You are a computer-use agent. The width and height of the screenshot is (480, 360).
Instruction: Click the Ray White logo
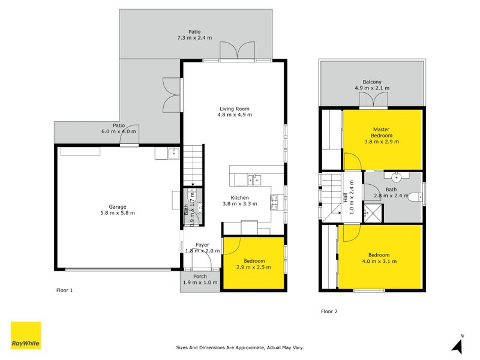[x=26, y=335]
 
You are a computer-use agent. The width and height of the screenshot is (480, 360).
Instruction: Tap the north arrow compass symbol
[x=458, y=344]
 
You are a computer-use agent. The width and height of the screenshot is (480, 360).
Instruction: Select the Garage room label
[x=118, y=207]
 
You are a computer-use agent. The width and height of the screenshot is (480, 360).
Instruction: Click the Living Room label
[x=235, y=109]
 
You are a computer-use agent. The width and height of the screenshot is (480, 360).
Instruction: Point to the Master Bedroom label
[x=382, y=133]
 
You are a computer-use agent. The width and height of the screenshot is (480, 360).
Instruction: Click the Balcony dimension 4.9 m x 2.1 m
[x=372, y=88]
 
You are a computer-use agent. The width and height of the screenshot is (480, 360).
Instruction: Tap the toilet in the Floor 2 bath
[x=415, y=196]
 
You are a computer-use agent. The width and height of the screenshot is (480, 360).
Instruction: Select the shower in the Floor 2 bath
[x=373, y=212]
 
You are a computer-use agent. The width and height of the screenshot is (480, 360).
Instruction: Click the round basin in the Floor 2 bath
[x=397, y=176]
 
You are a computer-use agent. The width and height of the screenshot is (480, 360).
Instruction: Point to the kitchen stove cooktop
[x=274, y=202]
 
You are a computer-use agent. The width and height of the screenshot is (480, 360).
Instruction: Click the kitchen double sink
[x=254, y=180]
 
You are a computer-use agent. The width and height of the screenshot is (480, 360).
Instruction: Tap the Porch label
[x=200, y=277]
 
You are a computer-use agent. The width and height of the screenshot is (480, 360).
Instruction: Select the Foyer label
[x=202, y=245]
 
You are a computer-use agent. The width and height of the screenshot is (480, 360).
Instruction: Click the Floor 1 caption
[x=65, y=290]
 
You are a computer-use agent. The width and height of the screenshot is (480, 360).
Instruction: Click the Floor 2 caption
[x=329, y=311]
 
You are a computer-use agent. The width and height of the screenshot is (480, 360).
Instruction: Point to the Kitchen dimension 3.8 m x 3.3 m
[x=239, y=204]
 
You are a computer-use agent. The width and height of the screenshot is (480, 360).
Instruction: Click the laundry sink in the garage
[x=173, y=153]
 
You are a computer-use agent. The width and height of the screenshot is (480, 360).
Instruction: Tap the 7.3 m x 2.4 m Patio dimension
[x=194, y=38]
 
